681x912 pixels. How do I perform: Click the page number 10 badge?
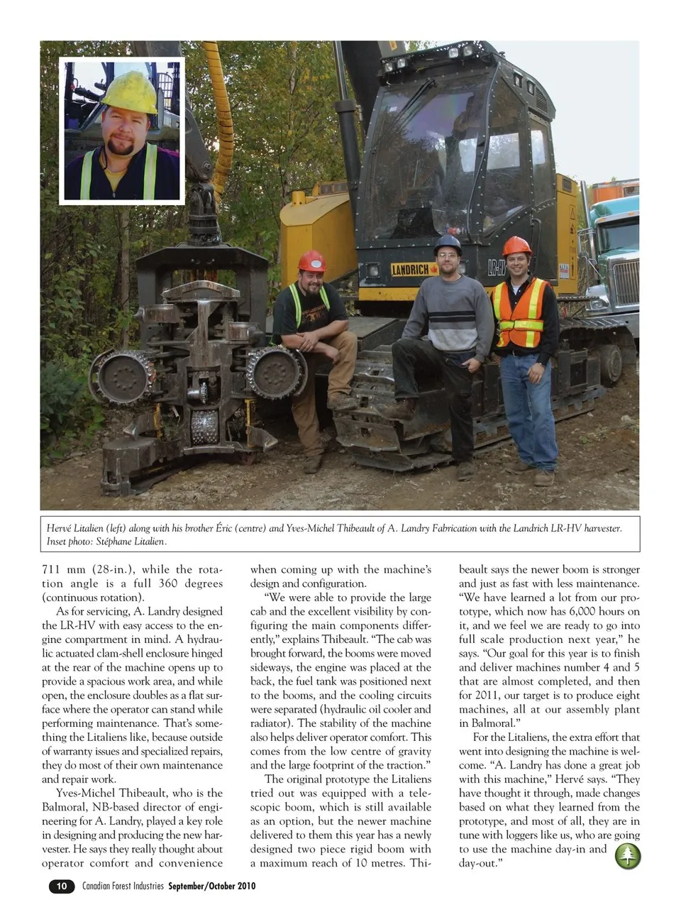[x=62, y=886]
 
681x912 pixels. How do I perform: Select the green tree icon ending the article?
[x=627, y=855]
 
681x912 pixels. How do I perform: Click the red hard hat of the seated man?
[x=311, y=261]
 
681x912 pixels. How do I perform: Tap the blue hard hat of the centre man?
[x=448, y=244]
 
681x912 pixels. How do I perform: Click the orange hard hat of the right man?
[x=516, y=246]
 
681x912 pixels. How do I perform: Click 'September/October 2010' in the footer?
[x=211, y=886]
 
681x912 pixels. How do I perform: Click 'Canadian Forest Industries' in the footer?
[x=123, y=886]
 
